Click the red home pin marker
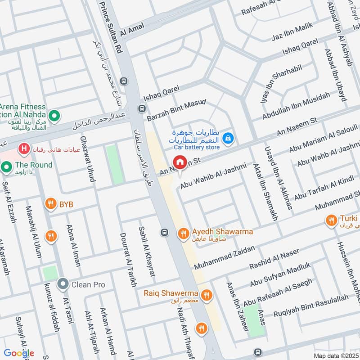click(180, 162)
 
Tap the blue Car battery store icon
click(229, 137)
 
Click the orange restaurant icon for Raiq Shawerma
click(207, 295)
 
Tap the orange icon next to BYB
click(51, 204)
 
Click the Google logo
click(19, 353)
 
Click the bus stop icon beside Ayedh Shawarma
click(165, 233)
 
